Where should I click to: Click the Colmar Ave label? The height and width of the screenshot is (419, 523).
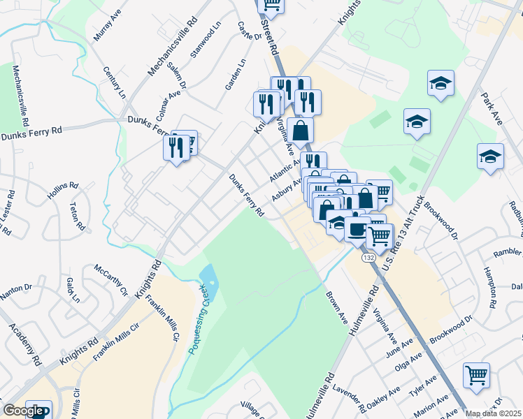[169, 102]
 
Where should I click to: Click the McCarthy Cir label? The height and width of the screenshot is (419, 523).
[111, 279]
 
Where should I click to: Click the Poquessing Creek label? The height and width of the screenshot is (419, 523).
[200, 318]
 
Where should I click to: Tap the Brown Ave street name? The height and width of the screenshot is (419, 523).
[336, 307]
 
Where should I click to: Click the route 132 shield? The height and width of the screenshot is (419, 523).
[368, 258]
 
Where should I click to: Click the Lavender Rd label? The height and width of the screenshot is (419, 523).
[347, 396]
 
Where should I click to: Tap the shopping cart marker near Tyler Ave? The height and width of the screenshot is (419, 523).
[476, 374]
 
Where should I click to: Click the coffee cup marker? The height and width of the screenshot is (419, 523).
[357, 229]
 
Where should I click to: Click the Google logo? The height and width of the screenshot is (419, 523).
[24, 411]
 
